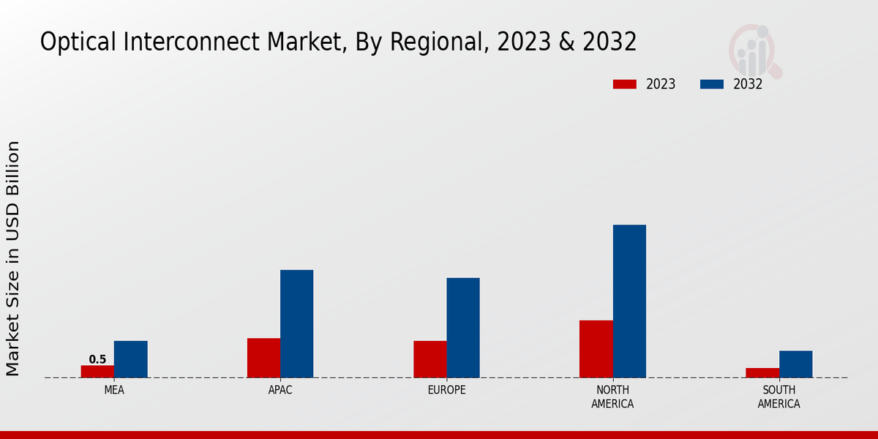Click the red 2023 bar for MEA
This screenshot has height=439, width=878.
click(97, 371)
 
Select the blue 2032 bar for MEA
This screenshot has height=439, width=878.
click(130, 359)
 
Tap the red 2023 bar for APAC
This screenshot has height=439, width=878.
click(263, 358)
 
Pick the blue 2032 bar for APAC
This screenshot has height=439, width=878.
click(296, 323)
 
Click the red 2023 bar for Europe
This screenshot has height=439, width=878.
click(429, 359)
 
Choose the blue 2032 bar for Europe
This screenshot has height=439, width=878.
click(463, 328)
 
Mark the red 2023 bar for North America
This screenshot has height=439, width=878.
click(596, 349)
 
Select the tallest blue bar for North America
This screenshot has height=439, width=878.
click(629, 301)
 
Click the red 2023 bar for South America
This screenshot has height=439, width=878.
click(762, 372)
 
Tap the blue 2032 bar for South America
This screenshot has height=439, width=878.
click(795, 364)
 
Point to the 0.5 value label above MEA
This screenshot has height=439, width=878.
click(97, 359)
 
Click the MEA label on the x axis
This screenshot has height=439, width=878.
click(114, 390)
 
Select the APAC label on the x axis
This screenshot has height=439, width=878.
click(280, 390)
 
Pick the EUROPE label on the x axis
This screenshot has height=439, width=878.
click(446, 390)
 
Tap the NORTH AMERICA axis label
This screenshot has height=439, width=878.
click(613, 397)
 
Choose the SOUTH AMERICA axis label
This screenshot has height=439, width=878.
click(778, 397)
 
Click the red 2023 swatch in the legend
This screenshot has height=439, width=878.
click(624, 84)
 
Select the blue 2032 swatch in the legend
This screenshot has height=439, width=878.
click(712, 84)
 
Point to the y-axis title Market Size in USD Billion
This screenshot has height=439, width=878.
click(13, 258)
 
